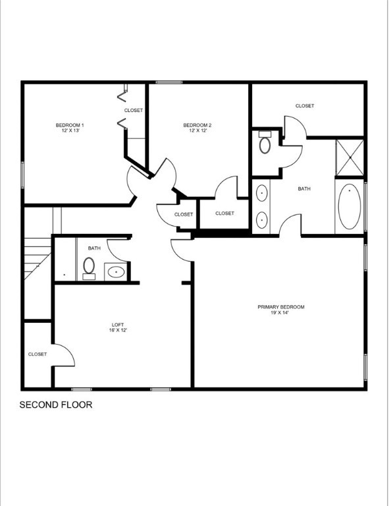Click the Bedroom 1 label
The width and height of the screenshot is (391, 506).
(x=69, y=128)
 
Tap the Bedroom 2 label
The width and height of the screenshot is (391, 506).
(x=197, y=128)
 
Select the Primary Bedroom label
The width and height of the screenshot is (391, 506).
(x=280, y=310)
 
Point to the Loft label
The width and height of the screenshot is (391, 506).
(x=118, y=327)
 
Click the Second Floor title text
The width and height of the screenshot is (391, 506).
(x=56, y=405)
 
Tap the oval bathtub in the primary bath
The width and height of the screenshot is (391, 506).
(x=349, y=206)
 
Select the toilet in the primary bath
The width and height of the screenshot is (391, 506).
(x=265, y=143)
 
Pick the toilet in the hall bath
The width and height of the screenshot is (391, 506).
(x=89, y=267)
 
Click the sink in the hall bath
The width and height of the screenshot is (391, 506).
(x=117, y=271)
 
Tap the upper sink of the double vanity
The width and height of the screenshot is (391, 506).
(x=261, y=194)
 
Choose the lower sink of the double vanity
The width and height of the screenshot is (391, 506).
(x=261, y=219)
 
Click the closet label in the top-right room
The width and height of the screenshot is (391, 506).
(x=305, y=106)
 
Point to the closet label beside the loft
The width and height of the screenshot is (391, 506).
(x=38, y=354)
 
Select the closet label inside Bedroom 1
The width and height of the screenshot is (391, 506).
(x=134, y=111)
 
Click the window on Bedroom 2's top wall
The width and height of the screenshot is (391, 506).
(x=169, y=82)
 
